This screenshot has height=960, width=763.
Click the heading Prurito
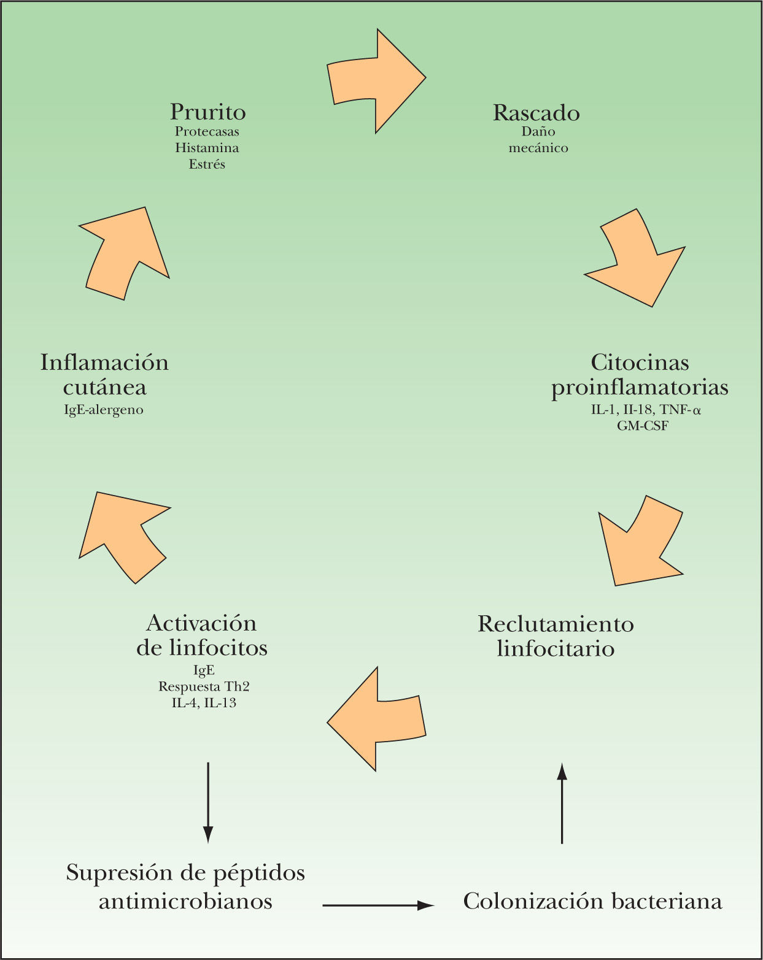[207, 112]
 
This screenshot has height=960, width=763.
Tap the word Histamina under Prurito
[207, 148]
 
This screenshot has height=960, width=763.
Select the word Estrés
[207, 164]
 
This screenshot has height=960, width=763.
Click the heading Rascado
[536, 113]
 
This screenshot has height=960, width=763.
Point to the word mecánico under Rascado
[538, 148]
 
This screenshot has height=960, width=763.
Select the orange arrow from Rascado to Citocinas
[638, 261]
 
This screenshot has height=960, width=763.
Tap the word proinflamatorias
[640, 388]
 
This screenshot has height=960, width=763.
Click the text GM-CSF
[642, 425]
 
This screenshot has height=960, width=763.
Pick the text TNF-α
[680, 410]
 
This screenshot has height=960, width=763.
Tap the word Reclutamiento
[556, 624]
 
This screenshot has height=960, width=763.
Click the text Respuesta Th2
[204, 686]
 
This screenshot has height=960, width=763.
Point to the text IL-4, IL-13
[204, 703]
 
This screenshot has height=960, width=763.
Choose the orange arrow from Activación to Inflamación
[123, 533]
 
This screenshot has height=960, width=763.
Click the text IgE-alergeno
[104, 410]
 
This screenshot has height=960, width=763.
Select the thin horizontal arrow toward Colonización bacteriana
[378, 905]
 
